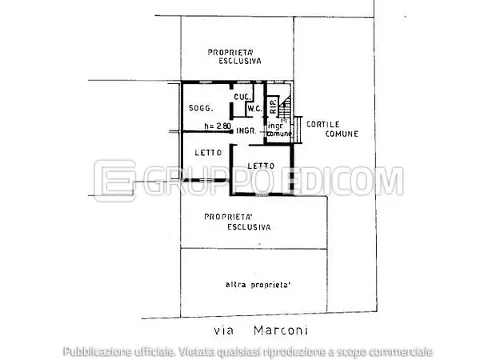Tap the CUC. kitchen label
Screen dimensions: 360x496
241,97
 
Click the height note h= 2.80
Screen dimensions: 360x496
217,126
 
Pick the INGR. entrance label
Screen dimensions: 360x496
246,130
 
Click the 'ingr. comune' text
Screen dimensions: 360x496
279,130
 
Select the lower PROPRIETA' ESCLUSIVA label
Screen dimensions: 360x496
237,222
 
